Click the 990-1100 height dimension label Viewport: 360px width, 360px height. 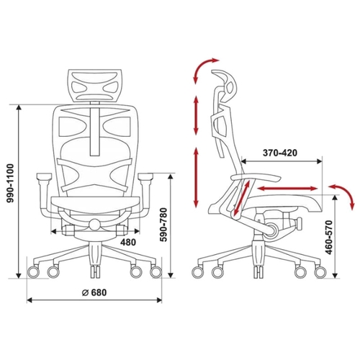click(10, 184)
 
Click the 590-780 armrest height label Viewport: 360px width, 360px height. click(164, 225)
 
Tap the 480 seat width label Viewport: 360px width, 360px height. click(128, 242)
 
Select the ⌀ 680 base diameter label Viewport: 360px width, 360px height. click(94, 292)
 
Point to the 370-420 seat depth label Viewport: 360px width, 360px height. click(280, 153)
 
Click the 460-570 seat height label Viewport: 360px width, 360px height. click(329, 237)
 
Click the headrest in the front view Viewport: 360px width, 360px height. click(94, 85)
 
